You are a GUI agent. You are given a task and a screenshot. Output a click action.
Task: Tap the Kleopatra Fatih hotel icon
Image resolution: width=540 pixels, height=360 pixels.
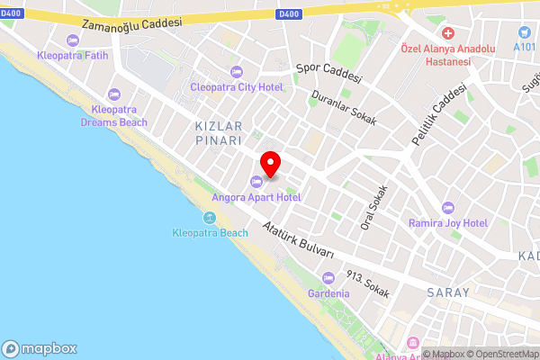(x=73, y=40)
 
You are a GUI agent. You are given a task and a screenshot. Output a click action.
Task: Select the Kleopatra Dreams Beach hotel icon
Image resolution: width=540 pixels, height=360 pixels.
(x=113, y=94)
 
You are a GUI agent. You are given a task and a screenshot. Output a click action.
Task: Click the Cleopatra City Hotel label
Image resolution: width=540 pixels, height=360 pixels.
(x=237, y=87)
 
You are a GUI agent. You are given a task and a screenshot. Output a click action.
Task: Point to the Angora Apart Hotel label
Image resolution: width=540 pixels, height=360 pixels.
(x=256, y=196)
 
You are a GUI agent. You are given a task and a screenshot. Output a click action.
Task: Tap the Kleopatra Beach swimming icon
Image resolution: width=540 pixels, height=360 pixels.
(x=210, y=218)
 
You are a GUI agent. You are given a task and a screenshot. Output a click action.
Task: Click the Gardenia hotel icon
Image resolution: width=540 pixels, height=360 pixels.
(x=328, y=278)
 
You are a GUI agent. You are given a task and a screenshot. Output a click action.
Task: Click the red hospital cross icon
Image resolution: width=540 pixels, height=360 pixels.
(x=447, y=32)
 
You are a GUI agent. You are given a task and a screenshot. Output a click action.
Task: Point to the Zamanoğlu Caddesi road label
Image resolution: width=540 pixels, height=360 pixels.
(x=130, y=22)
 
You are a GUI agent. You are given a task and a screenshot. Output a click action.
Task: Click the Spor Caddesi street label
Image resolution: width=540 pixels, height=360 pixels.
(x=328, y=69)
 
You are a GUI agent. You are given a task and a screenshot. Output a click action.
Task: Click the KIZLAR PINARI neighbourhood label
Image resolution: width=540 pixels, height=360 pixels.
(x=219, y=134)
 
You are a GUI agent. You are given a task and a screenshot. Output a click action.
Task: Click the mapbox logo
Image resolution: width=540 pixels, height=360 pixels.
(x=39, y=348)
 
